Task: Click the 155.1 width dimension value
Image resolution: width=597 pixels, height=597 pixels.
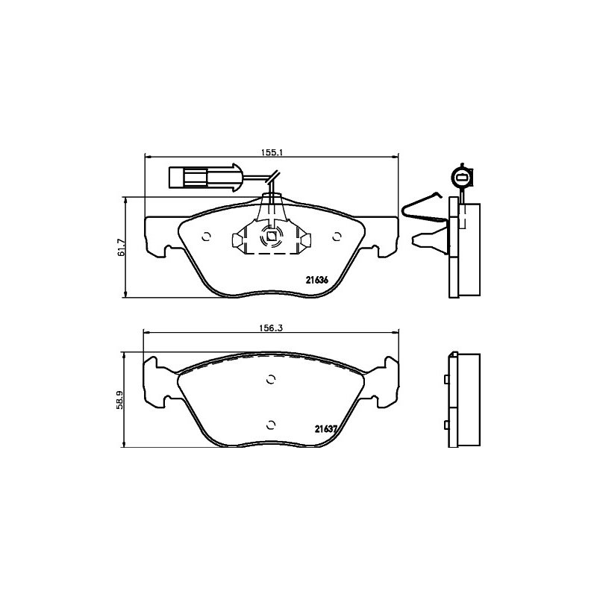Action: click(x=271, y=152)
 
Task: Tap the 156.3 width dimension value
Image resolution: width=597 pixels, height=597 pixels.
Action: click(x=271, y=328)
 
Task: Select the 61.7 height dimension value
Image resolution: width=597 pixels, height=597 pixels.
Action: click(x=121, y=248)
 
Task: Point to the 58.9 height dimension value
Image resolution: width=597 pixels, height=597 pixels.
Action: click(x=120, y=399)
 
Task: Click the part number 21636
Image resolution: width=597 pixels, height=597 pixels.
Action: click(x=317, y=280)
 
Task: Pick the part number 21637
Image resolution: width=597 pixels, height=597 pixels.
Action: click(x=325, y=428)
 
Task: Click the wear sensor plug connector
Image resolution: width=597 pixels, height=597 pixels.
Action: click(x=204, y=177)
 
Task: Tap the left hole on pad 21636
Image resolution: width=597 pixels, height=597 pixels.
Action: click(x=206, y=237)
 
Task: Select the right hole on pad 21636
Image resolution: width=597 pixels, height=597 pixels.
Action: click(x=337, y=237)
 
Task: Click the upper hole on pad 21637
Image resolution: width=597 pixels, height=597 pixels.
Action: click(x=271, y=379)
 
